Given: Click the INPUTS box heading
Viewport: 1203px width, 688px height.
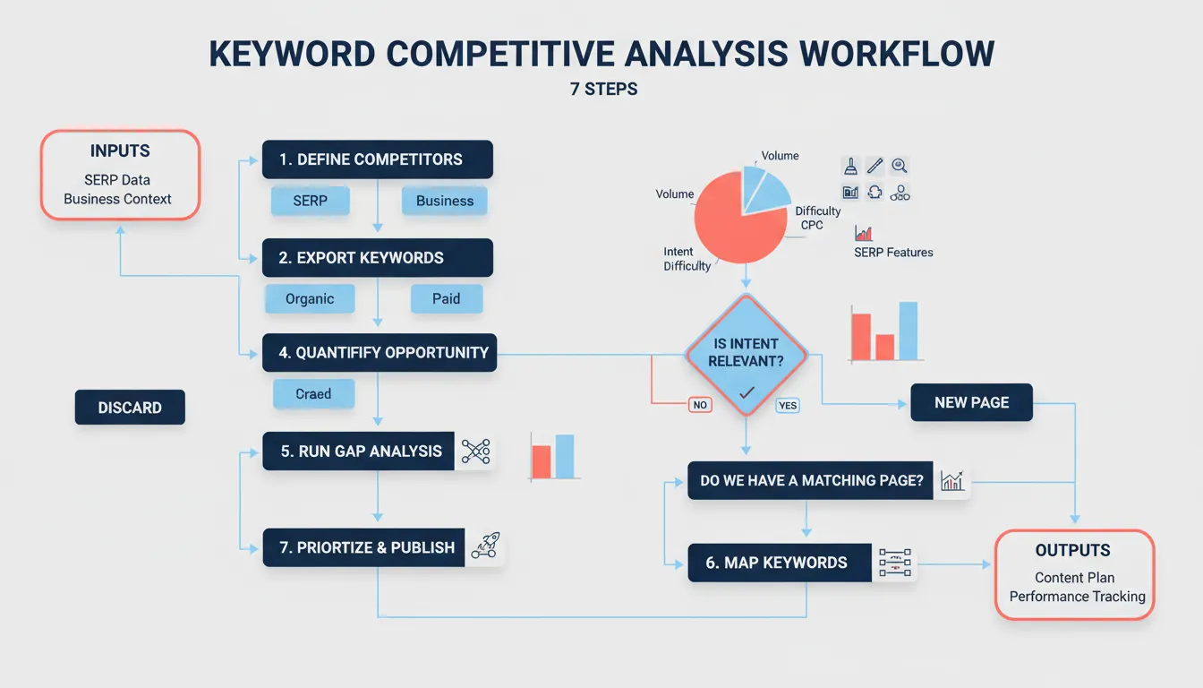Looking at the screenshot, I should point(120,151).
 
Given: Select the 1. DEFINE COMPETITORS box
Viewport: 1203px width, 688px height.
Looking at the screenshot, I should point(377,159).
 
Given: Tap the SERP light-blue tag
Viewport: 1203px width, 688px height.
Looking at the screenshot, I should point(310,201).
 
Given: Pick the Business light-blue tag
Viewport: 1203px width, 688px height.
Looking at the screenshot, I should point(444,201).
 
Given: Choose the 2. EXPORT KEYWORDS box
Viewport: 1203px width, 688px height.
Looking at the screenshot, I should point(377,258).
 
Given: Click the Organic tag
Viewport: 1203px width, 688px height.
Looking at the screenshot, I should point(310,299).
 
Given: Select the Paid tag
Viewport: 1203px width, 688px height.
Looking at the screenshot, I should point(446,299).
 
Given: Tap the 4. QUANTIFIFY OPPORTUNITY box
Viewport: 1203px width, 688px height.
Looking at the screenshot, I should point(379,353).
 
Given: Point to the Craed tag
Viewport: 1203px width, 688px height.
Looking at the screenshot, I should point(313,394).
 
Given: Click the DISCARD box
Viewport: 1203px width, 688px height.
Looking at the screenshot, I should point(130,408).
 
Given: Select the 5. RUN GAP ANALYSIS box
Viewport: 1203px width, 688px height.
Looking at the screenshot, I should point(361,451).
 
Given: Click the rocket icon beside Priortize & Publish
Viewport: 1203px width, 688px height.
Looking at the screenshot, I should point(485,546).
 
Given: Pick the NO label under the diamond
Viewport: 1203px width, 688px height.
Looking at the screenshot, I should point(700,405).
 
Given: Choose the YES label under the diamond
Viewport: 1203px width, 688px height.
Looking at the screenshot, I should point(787,406).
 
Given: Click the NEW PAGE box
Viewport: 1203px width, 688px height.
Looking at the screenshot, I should point(971,403).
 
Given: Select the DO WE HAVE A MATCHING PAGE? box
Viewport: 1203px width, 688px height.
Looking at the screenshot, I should point(811,481).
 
